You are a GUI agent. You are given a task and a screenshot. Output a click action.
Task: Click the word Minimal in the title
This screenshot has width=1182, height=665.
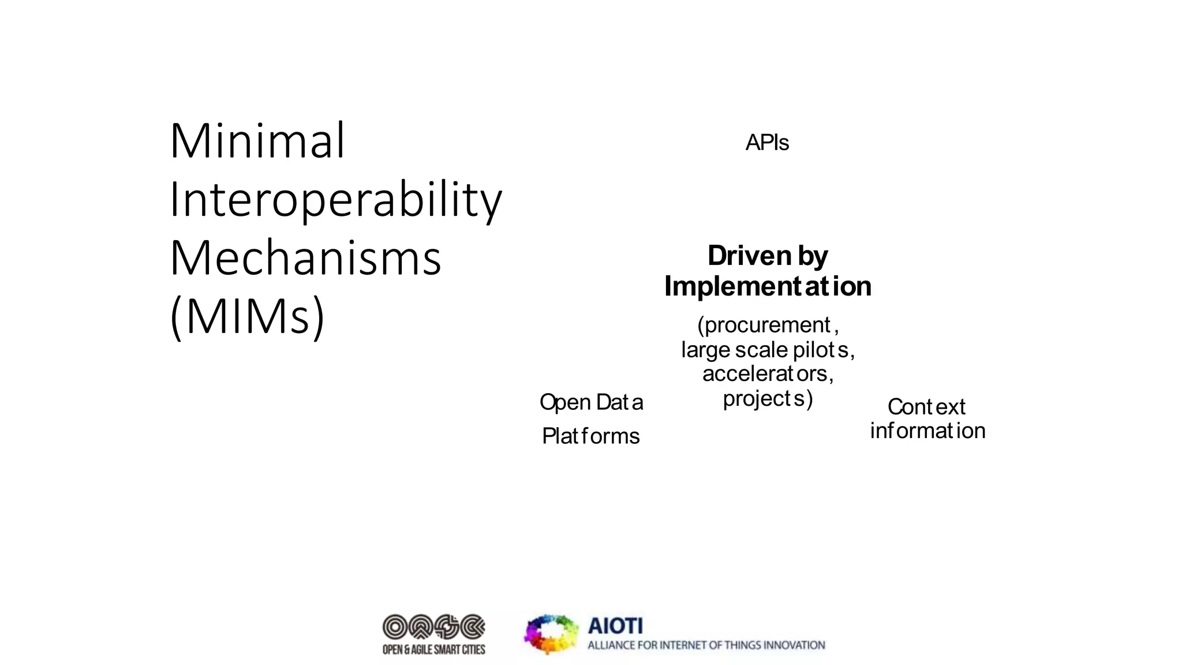pos(257,141)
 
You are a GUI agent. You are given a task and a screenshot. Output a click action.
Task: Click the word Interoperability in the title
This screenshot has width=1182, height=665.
pos(335,200)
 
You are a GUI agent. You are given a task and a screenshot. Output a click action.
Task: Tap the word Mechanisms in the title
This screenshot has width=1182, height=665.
pos(305,258)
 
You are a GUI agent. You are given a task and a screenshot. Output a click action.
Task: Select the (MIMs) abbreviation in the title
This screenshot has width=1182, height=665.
pos(248,316)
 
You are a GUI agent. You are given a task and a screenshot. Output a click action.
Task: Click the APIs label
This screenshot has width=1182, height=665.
pos(766,143)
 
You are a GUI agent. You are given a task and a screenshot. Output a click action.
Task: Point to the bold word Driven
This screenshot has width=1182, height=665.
pos(749,256)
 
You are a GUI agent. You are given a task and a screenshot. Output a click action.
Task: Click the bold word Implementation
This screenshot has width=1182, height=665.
pos(768,286)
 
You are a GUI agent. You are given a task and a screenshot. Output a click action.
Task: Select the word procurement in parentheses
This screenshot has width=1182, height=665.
pos(768,325)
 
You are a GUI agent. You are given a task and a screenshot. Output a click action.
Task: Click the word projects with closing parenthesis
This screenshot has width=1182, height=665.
pos(768,398)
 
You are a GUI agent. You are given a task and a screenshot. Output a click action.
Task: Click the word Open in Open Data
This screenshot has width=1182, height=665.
pos(565,402)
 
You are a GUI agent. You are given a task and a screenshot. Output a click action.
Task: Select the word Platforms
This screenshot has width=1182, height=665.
pos(590,436)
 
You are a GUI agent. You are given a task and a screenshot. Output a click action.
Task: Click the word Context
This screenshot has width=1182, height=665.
pos(926,407)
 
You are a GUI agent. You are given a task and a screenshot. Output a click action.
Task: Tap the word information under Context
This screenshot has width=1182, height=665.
pos(927,431)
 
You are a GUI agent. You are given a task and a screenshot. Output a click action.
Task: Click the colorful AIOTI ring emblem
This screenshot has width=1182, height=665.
pos(551,634)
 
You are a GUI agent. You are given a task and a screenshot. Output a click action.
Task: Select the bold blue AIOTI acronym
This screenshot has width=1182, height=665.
pos(615,626)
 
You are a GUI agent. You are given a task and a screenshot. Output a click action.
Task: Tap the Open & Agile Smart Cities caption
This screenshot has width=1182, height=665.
pos(433,650)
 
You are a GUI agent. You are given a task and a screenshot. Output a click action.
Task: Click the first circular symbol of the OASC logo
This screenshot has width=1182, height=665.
pos(395,627)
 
